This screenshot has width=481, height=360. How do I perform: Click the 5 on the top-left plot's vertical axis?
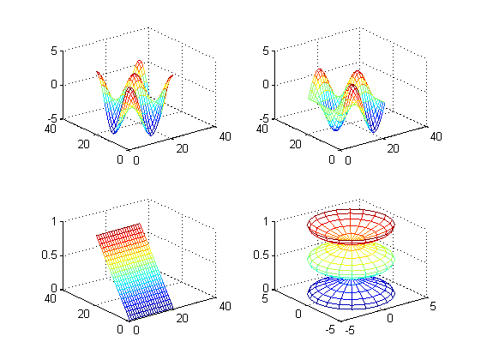(x=54, y=51)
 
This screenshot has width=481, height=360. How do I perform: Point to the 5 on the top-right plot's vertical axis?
(x=266, y=51)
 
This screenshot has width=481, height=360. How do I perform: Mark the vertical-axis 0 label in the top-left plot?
(x=54, y=84)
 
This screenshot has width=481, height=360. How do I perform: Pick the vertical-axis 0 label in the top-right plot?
(x=266, y=84)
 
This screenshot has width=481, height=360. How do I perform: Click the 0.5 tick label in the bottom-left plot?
(x=50, y=255)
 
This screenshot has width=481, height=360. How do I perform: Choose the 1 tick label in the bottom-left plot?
(x=54, y=221)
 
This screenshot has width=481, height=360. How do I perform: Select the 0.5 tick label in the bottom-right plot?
(x=261, y=255)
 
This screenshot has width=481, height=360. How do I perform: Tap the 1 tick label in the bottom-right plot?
(x=266, y=221)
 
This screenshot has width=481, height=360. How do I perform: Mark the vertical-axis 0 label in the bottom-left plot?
(x=54, y=288)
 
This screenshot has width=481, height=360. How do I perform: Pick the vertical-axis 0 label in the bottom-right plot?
(x=266, y=288)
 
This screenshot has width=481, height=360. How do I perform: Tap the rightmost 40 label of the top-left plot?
(x=225, y=136)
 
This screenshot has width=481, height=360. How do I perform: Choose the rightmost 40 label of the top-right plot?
(x=436, y=136)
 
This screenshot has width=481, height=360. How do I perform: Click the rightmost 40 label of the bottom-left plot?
(x=225, y=306)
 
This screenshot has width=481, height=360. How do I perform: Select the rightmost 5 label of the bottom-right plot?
(x=432, y=306)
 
